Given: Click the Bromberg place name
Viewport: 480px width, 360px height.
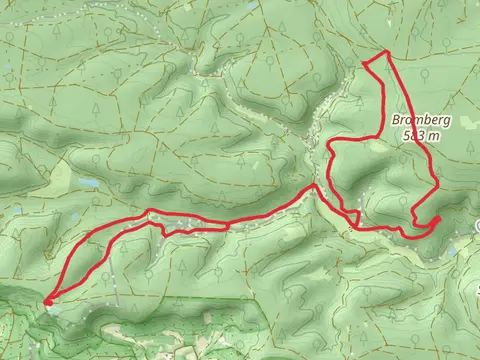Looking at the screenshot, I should (x=423, y=120).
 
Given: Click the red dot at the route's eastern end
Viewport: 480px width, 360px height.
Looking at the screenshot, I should (x=437, y=220).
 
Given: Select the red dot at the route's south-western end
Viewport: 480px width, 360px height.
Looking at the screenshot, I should (x=47, y=297).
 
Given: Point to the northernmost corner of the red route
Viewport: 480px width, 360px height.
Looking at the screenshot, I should (x=386, y=50).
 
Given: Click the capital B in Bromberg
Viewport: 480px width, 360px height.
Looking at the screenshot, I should (x=397, y=120).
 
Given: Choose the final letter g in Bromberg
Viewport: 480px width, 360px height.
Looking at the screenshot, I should (x=449, y=121).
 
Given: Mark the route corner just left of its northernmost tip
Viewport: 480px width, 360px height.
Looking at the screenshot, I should (x=366, y=64).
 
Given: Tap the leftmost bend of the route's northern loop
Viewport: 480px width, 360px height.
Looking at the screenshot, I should (x=328, y=150).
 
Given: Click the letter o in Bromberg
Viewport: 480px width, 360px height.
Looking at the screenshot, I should (x=411, y=120).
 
